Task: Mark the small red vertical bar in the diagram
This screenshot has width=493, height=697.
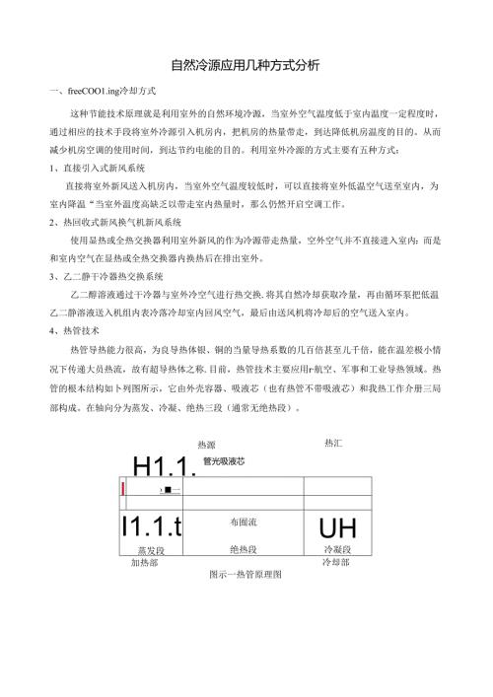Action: coord(122,488)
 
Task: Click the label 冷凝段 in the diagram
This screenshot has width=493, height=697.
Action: coord(336,548)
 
